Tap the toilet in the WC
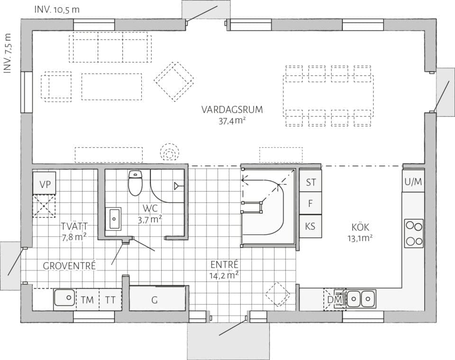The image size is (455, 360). coord(136,183)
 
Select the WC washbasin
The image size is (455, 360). coord(114,219)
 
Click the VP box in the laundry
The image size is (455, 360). coord(45,184)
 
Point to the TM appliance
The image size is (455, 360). coord(87,300)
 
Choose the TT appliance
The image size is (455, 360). coord(110,300)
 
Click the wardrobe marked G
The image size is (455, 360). coord(154,299)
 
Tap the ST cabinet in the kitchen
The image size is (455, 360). coord(310,182)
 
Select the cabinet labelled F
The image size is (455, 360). coord(310,204)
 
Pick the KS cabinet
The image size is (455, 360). coord(310,226)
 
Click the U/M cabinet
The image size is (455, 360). coord(413,182)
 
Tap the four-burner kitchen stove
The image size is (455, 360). coord(413,233)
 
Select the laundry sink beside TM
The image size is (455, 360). coord(64,299)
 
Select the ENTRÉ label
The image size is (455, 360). coord(224,265)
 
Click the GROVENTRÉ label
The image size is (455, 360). coord(69,266)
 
